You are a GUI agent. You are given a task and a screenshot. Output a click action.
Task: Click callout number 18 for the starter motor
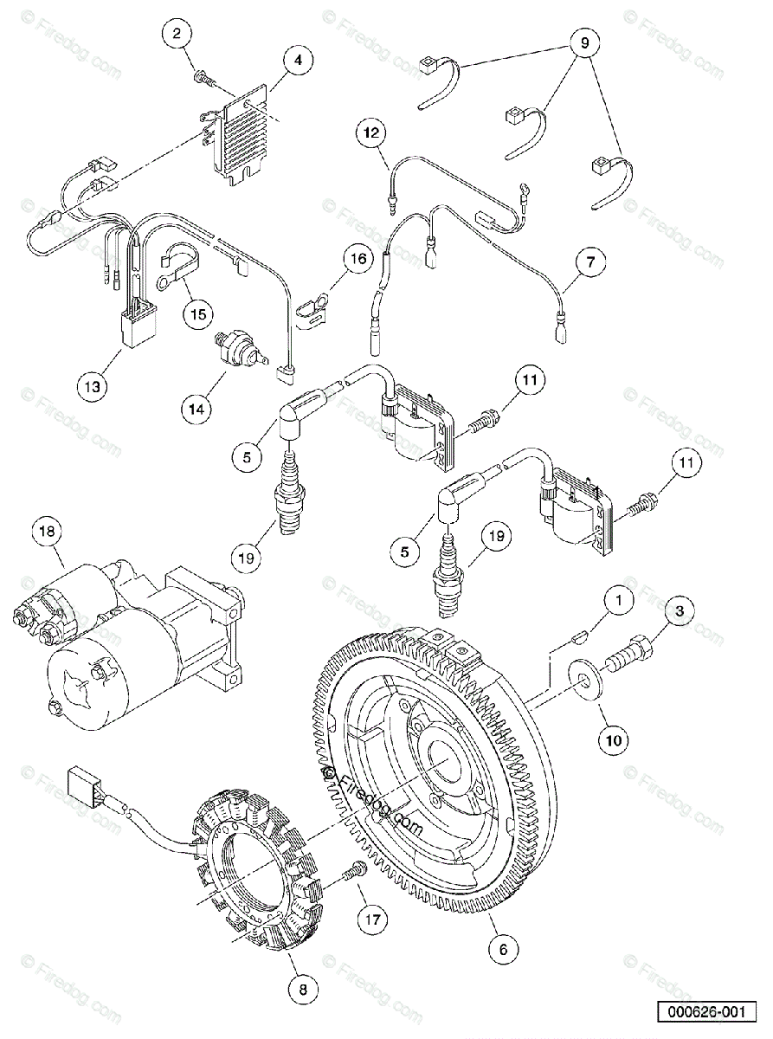pos(48,531)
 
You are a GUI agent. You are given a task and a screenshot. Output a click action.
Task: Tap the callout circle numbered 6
pos(503,948)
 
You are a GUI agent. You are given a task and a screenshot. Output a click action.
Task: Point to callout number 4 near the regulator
pos(298,61)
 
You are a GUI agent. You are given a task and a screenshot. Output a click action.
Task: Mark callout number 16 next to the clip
pos(359,258)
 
